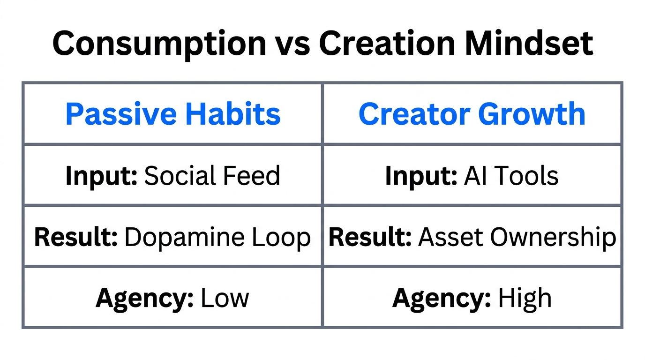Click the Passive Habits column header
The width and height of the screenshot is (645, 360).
point(173,114)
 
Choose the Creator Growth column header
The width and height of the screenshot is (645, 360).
point(472,114)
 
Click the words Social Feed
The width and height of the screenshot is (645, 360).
point(212,176)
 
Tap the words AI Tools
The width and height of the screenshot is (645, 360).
point(511,176)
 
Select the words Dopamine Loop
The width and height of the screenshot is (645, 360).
point(217,238)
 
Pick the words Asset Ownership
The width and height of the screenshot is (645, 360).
point(517,238)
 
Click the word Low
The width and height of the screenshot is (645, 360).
point(225,299)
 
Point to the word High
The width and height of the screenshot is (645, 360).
point(525,299)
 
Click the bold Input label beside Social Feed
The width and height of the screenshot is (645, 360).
point(101,176)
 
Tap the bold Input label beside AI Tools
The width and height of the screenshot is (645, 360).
point(421,176)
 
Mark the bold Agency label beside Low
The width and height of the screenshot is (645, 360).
point(145,299)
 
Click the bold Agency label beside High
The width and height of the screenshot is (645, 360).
point(442,299)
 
